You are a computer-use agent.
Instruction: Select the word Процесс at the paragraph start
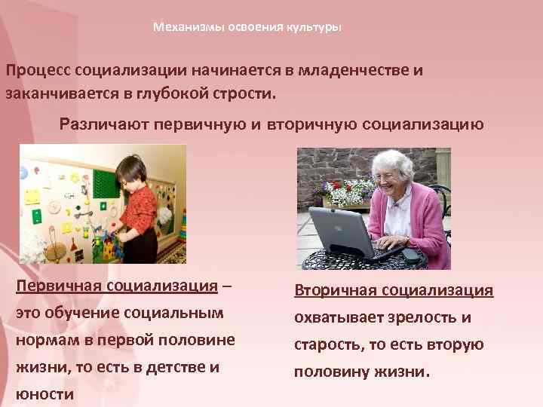click(x=38, y=70)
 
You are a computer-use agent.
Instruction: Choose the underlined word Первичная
click(x=60, y=287)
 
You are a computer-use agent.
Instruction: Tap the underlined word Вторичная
click(x=336, y=290)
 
